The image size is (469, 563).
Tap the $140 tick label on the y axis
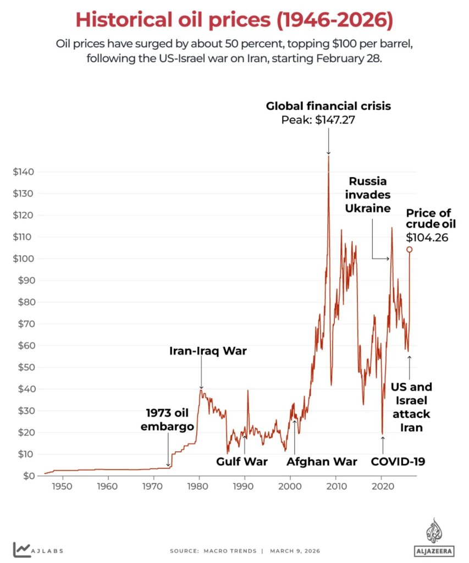click(x=23, y=172)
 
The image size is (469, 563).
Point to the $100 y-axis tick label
click(x=23, y=258)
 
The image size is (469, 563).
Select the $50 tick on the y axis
click(x=26, y=367)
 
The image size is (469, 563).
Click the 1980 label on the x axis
click(x=197, y=486)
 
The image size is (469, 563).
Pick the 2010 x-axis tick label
click(x=336, y=486)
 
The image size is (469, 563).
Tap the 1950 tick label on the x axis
click(x=62, y=486)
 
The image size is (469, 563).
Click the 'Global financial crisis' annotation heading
click(x=328, y=106)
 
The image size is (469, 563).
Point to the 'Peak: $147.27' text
click(x=318, y=119)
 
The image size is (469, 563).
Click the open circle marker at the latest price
click(x=410, y=250)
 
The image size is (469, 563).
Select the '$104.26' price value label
click(x=427, y=238)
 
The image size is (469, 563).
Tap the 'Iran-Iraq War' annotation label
click(x=208, y=351)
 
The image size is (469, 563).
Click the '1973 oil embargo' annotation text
click(x=167, y=420)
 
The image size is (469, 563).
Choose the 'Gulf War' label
click(x=242, y=461)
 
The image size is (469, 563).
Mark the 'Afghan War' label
click(x=322, y=461)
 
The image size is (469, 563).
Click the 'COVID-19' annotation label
click(x=398, y=461)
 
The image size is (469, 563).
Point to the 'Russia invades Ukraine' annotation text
click(x=368, y=195)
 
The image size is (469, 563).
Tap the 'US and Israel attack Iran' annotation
click(x=411, y=407)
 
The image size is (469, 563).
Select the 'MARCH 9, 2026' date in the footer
click(x=295, y=551)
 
